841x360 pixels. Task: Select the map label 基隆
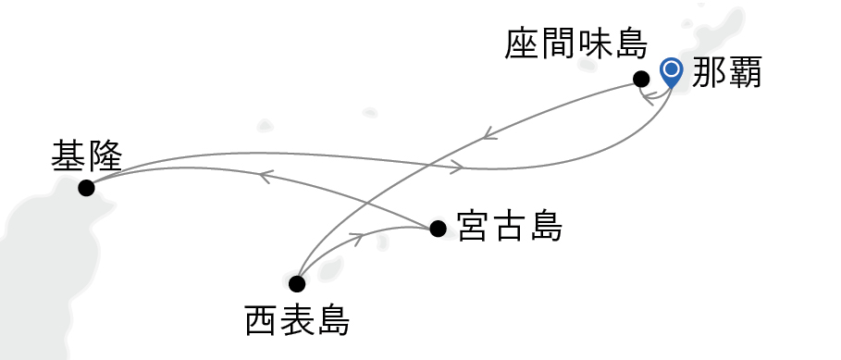[87, 155]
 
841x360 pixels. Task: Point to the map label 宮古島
[510, 228]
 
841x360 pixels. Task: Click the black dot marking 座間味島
[640, 79]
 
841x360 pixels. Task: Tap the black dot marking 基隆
[86, 188]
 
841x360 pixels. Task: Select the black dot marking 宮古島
[438, 228]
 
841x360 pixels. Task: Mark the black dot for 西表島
[297, 283]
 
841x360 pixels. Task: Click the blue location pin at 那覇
[671, 70]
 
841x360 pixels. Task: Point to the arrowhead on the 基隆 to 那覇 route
[457, 168]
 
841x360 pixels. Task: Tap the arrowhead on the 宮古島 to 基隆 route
[265, 175]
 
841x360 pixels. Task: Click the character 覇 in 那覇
[744, 72]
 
